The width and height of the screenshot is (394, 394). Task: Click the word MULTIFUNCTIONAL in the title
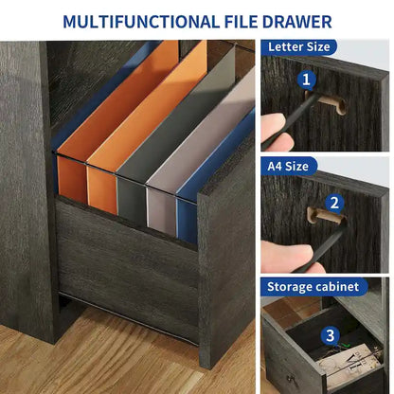tap(141, 22)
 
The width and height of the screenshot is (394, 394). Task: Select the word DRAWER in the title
tap(297, 22)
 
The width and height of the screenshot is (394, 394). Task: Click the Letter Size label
tap(299, 47)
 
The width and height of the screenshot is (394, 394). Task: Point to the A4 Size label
tap(288, 166)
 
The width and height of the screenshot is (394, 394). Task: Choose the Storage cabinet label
tap(313, 287)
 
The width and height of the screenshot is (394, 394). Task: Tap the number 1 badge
tap(306, 80)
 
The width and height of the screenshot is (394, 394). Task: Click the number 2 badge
tap(334, 203)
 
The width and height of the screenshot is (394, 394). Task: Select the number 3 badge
tap(331, 335)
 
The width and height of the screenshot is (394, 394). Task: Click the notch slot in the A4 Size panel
tap(325, 216)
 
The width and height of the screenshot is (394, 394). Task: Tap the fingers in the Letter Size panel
tap(276, 132)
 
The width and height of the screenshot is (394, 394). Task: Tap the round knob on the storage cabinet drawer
tap(290, 378)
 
